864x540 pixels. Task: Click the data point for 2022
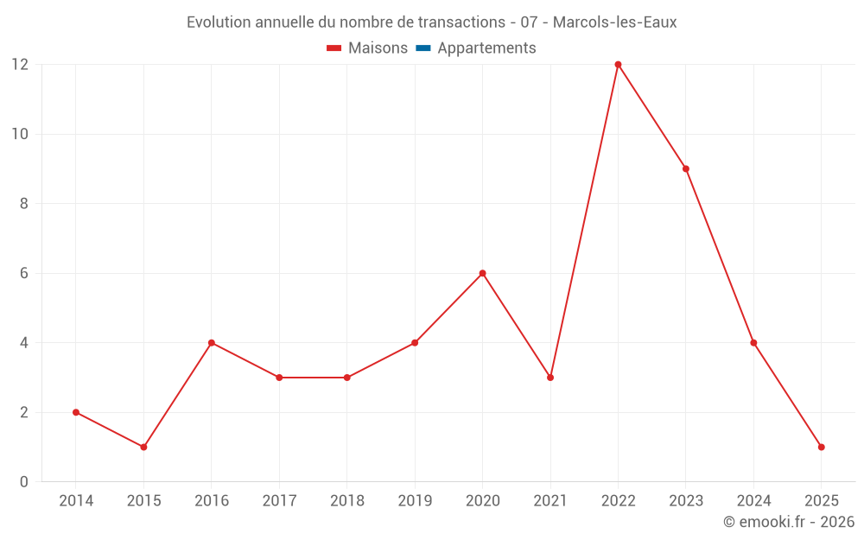(618, 64)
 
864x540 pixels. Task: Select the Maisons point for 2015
(143, 447)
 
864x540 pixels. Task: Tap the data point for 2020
(482, 273)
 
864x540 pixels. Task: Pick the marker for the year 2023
(686, 168)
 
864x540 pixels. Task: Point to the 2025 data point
(821, 447)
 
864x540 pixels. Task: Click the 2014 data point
(76, 412)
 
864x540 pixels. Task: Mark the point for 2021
(550, 378)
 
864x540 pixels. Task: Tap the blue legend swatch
(422, 48)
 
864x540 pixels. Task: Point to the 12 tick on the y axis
(19, 65)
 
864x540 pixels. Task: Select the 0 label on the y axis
(24, 482)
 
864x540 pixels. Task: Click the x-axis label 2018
(347, 501)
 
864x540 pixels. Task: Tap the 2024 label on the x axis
(753, 501)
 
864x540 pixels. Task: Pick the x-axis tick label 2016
(212, 501)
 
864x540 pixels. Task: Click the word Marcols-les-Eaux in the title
(614, 22)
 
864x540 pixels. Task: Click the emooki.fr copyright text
(789, 522)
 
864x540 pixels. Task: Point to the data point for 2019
(415, 343)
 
